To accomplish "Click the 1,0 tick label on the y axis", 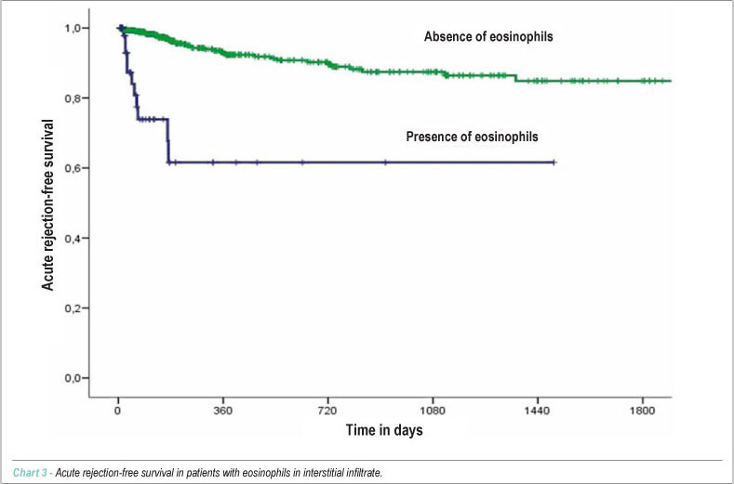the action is click(x=73, y=28).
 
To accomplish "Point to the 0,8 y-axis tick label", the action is click(x=73, y=98).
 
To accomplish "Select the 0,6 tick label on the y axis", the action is click(x=73, y=168).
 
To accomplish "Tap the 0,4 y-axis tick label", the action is click(x=73, y=238).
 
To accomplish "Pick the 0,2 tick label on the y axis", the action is click(x=73, y=308).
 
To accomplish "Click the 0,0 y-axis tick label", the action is click(x=73, y=378).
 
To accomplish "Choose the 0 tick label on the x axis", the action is click(x=118, y=411).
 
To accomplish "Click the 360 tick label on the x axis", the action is click(x=223, y=411).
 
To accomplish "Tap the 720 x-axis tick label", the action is click(x=327, y=411).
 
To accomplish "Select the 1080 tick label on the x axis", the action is click(x=433, y=411).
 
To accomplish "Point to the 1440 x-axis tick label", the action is click(x=538, y=411).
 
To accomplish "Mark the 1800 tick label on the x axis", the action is click(x=642, y=411).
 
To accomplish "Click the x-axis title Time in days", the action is click(x=384, y=430).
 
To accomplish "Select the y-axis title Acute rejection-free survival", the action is click(x=47, y=204).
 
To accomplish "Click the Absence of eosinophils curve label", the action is click(x=488, y=36).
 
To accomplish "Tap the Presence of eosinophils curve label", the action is click(x=472, y=137).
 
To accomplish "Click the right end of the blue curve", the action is click(x=554, y=163).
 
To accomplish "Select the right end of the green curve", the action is click(x=671, y=81).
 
